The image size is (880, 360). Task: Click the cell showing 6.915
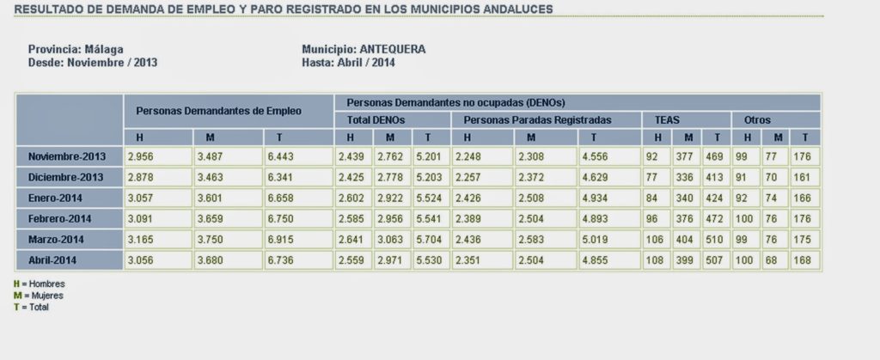[x=296, y=239]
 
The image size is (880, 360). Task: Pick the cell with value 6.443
[x=296, y=156]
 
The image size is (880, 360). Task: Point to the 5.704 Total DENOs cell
[x=430, y=239]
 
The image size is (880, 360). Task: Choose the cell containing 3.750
[x=227, y=239]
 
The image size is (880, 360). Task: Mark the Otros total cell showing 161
[x=804, y=177]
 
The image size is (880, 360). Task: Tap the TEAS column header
[x=657, y=120]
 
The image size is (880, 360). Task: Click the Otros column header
[x=757, y=120]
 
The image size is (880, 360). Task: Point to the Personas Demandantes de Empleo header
[x=218, y=111]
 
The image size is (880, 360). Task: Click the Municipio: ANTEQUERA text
[x=364, y=49]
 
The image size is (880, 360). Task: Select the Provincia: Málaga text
[x=76, y=49]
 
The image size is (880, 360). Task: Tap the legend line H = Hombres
[x=39, y=284]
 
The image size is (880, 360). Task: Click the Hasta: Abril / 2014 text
[x=348, y=62]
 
